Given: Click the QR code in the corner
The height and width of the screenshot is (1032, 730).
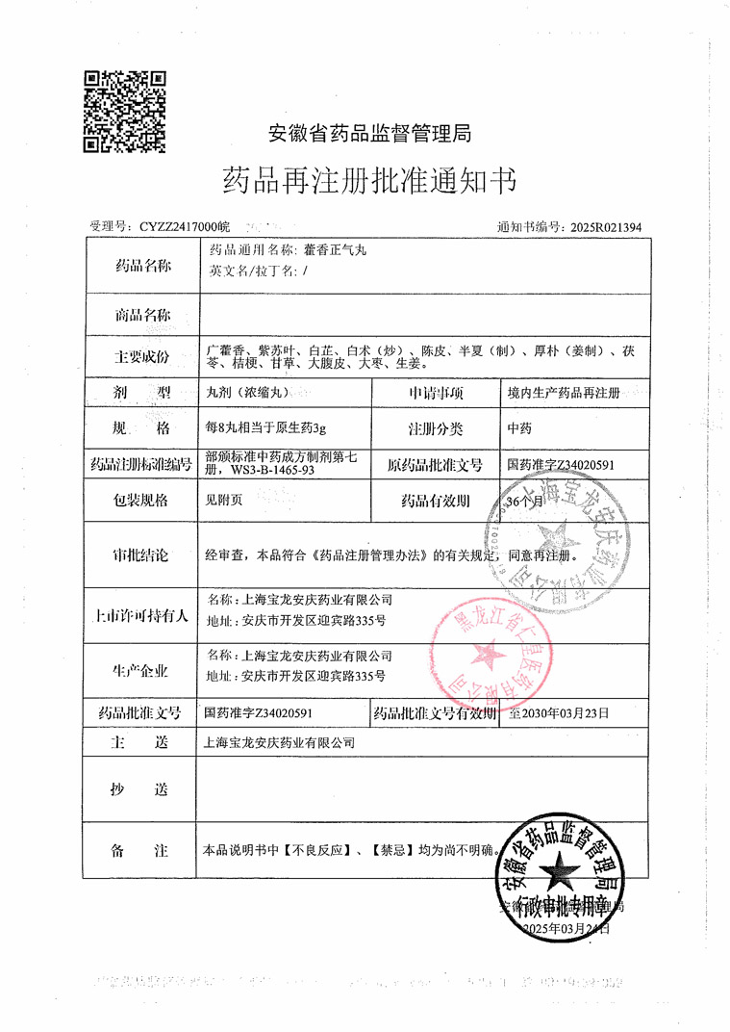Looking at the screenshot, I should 126,112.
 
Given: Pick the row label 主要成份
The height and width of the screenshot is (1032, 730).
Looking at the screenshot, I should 142,356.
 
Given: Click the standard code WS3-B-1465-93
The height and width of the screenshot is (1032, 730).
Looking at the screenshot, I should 254,471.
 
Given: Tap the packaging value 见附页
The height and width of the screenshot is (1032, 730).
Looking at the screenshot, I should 223,502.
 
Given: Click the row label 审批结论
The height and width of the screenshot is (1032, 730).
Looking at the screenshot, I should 142,555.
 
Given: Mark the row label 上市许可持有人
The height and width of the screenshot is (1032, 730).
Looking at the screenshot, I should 142,615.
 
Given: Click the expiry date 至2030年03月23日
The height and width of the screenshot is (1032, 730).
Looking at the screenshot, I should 559,713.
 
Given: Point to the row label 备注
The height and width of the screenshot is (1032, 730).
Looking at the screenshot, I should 142,851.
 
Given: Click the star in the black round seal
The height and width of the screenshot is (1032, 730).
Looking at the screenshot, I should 557,876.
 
